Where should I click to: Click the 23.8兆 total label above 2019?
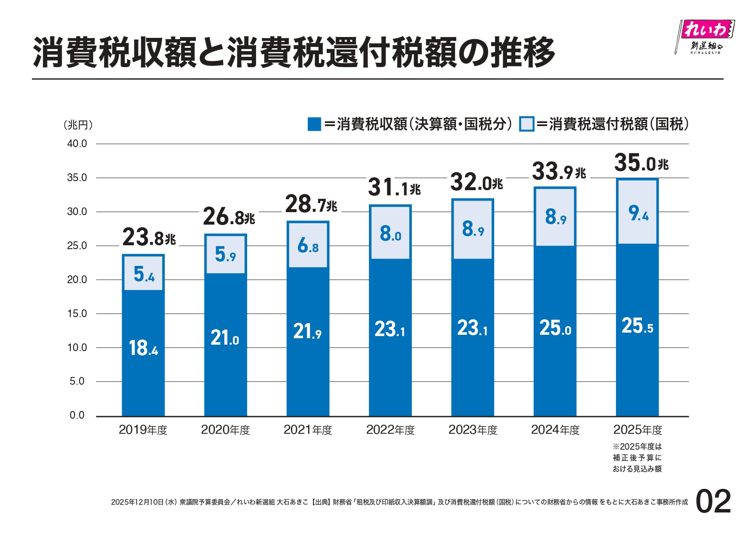coord(149,238)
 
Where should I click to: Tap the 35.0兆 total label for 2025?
coord(641,163)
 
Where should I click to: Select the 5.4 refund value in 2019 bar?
coord(144,274)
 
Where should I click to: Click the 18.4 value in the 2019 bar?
coord(143,348)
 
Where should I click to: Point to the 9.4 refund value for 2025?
coord(638,213)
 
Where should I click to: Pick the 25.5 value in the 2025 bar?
coord(637,326)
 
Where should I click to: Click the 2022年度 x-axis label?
coord(390,430)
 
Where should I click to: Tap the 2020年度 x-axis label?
coord(225,430)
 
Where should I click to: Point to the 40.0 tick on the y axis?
coord(77,144)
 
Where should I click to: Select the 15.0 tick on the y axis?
coord(77,314)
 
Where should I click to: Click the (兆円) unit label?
coord(78,125)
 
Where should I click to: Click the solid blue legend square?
coord(314,124)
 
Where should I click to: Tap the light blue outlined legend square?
coord(526,124)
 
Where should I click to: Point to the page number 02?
coord(713,502)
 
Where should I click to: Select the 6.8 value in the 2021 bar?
coord(308,246)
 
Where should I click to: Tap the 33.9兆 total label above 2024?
coord(559,172)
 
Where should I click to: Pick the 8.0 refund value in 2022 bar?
coord(390,234)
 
